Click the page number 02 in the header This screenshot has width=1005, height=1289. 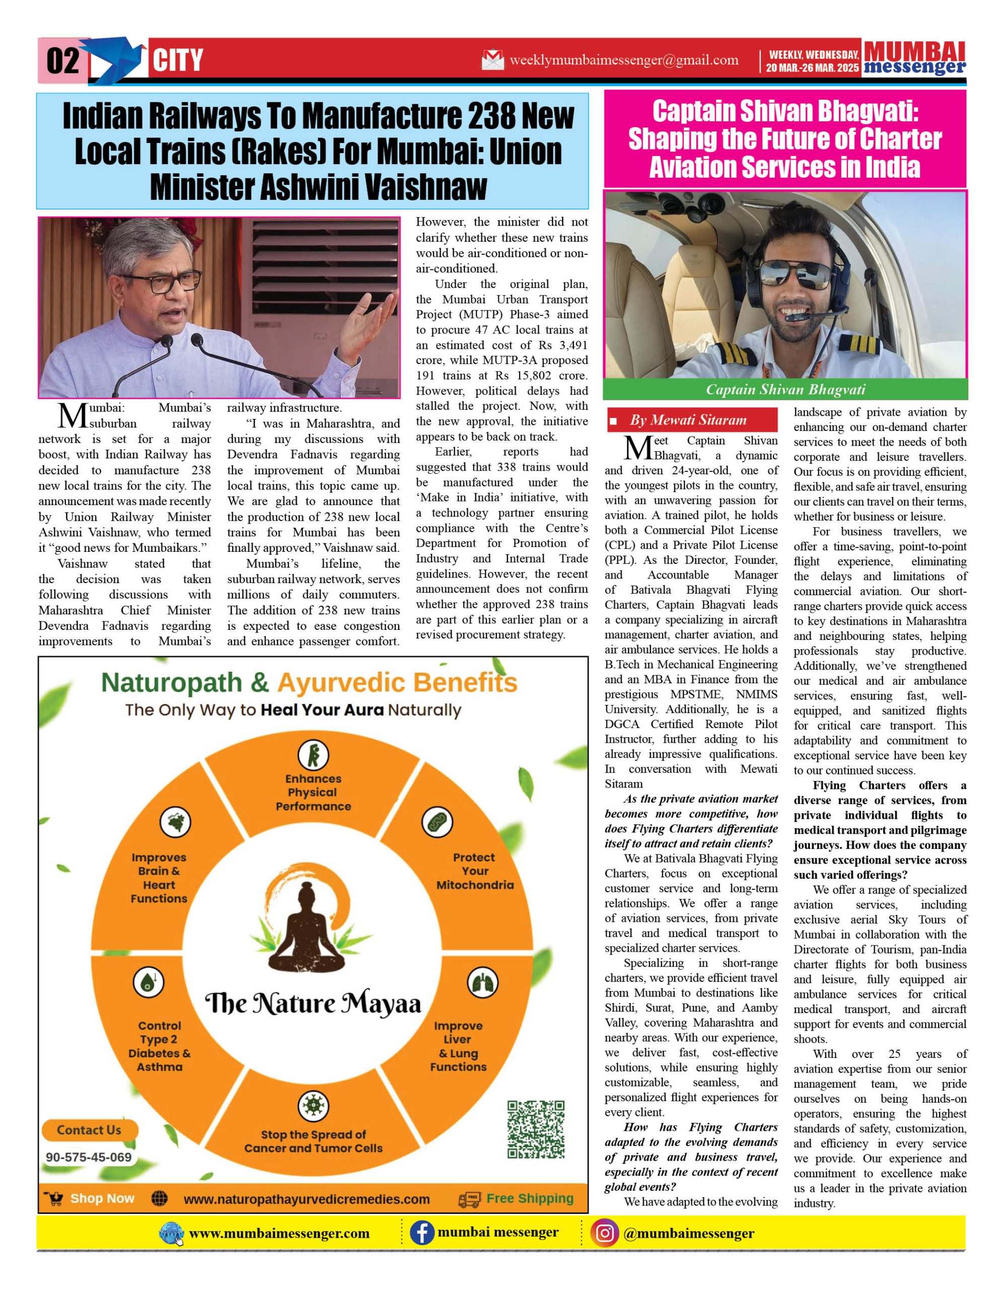coord(62,61)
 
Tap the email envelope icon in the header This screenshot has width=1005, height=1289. coord(493,59)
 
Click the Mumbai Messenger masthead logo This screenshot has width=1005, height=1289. coord(914,58)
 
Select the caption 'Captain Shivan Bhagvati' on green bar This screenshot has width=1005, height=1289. coord(785,390)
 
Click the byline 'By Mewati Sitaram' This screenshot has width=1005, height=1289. coord(688,420)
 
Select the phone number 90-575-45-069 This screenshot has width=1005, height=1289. coord(89,1157)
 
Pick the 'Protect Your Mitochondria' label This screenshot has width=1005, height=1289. coord(475,871)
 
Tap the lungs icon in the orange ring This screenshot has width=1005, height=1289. coord(482,983)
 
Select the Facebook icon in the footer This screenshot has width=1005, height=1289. coord(422,1233)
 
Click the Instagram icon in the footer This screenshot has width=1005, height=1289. coord(604,1234)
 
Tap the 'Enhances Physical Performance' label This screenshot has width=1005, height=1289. coord(313,792)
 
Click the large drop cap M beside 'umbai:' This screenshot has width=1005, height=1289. coord(73,415)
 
